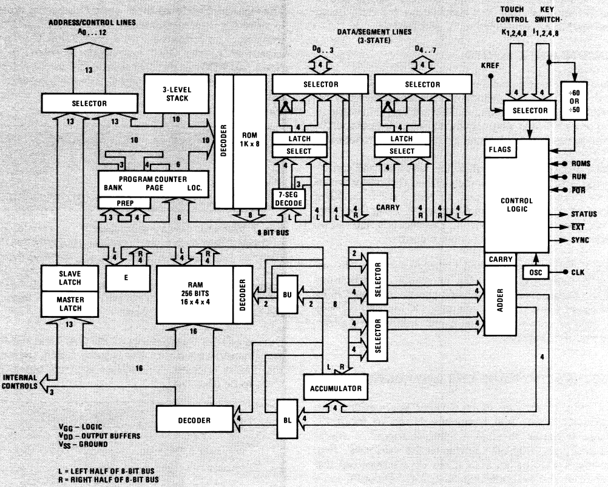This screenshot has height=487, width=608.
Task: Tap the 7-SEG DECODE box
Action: pos(287,198)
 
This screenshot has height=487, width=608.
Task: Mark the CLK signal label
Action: pos(578,272)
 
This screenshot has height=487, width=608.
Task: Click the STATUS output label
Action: pos(584,214)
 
